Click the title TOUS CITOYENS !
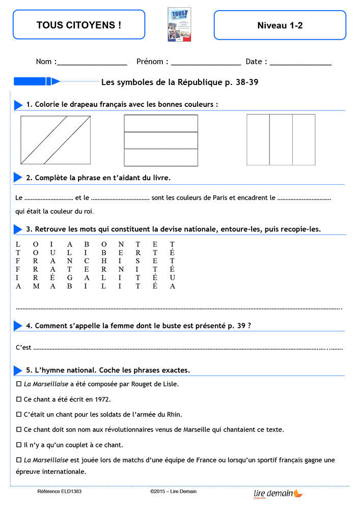[x=79, y=24]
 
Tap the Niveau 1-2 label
[x=280, y=25]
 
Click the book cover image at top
[x=179, y=24]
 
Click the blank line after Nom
[x=92, y=63]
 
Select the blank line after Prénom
[x=206, y=63]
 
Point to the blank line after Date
[x=300, y=63]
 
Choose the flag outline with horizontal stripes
[x=161, y=140]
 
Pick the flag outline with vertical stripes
[x=281, y=139]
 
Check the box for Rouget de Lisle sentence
[x=19, y=384]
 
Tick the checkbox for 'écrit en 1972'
[x=19, y=399]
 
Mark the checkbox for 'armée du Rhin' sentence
[x=19, y=414]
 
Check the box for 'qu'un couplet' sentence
[x=19, y=444]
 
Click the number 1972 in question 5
[x=102, y=399]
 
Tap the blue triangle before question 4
[x=18, y=326]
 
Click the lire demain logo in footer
[x=278, y=493]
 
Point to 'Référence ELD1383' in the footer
[x=59, y=492]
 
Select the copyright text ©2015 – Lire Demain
[x=173, y=492]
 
